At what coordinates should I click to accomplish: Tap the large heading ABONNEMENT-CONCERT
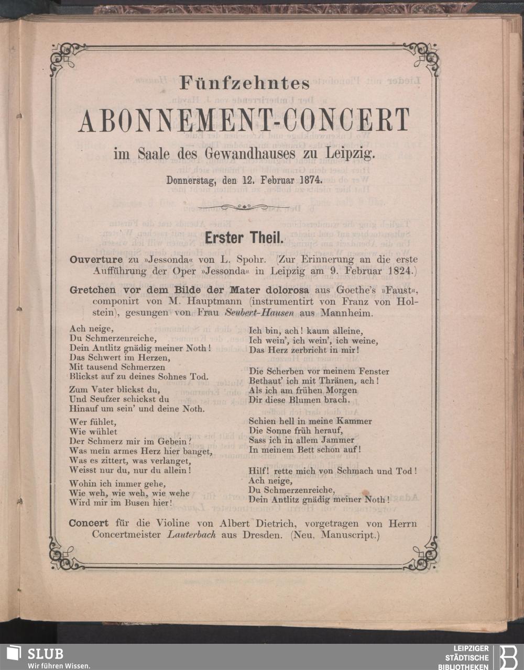coord(244,121)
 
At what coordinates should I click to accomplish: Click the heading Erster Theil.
coord(244,238)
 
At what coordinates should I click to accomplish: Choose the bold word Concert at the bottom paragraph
coord(89,523)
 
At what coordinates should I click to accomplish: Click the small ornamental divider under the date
coord(244,208)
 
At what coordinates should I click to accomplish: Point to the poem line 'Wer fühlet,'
coord(87,422)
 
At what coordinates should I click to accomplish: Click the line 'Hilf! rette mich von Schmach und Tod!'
coord(333,471)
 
